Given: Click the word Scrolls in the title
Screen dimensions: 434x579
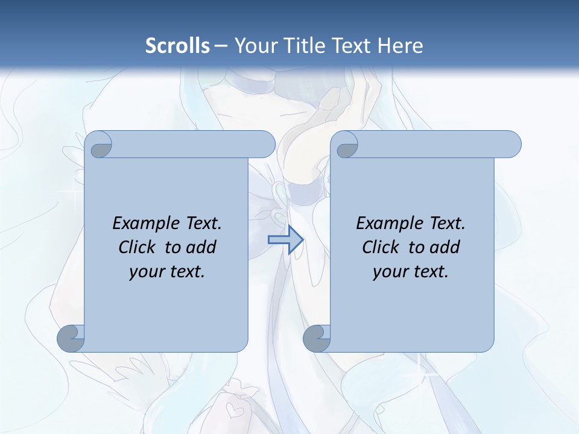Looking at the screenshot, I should click(177, 46).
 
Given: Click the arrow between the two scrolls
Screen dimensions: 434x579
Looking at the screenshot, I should click(285, 240).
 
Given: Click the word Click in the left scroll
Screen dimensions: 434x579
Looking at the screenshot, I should click(138, 247).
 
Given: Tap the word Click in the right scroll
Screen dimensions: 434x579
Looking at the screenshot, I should click(381, 247).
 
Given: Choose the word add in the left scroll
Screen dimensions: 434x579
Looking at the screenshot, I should click(201, 247).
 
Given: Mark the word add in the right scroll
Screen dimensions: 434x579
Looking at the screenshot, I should click(445, 247).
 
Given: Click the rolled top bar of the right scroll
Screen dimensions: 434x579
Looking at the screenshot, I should click(434, 144).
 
